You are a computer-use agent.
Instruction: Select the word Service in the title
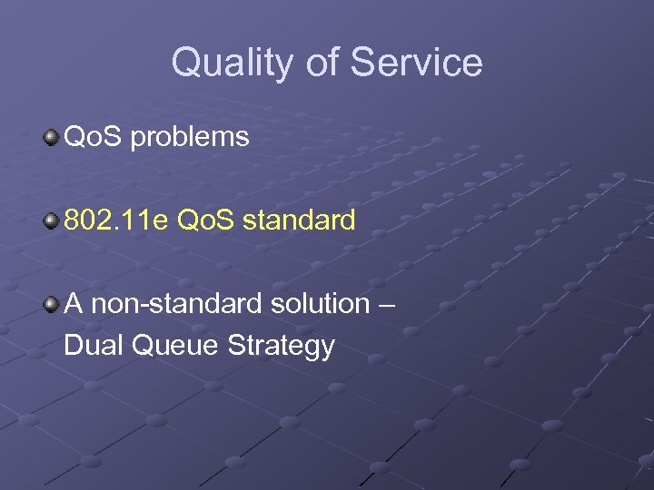point(416,63)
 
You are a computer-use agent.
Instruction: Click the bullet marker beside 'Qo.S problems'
point(52,138)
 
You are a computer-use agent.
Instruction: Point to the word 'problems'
point(190,138)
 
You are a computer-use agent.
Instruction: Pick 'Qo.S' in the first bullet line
point(94,138)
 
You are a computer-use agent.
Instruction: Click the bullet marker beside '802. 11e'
point(52,220)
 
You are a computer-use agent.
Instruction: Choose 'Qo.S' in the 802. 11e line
point(207,220)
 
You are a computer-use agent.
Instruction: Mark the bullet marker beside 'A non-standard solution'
point(52,303)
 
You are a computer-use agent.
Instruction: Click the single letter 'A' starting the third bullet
point(74,303)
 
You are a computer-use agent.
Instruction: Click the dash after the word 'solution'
point(387,304)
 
